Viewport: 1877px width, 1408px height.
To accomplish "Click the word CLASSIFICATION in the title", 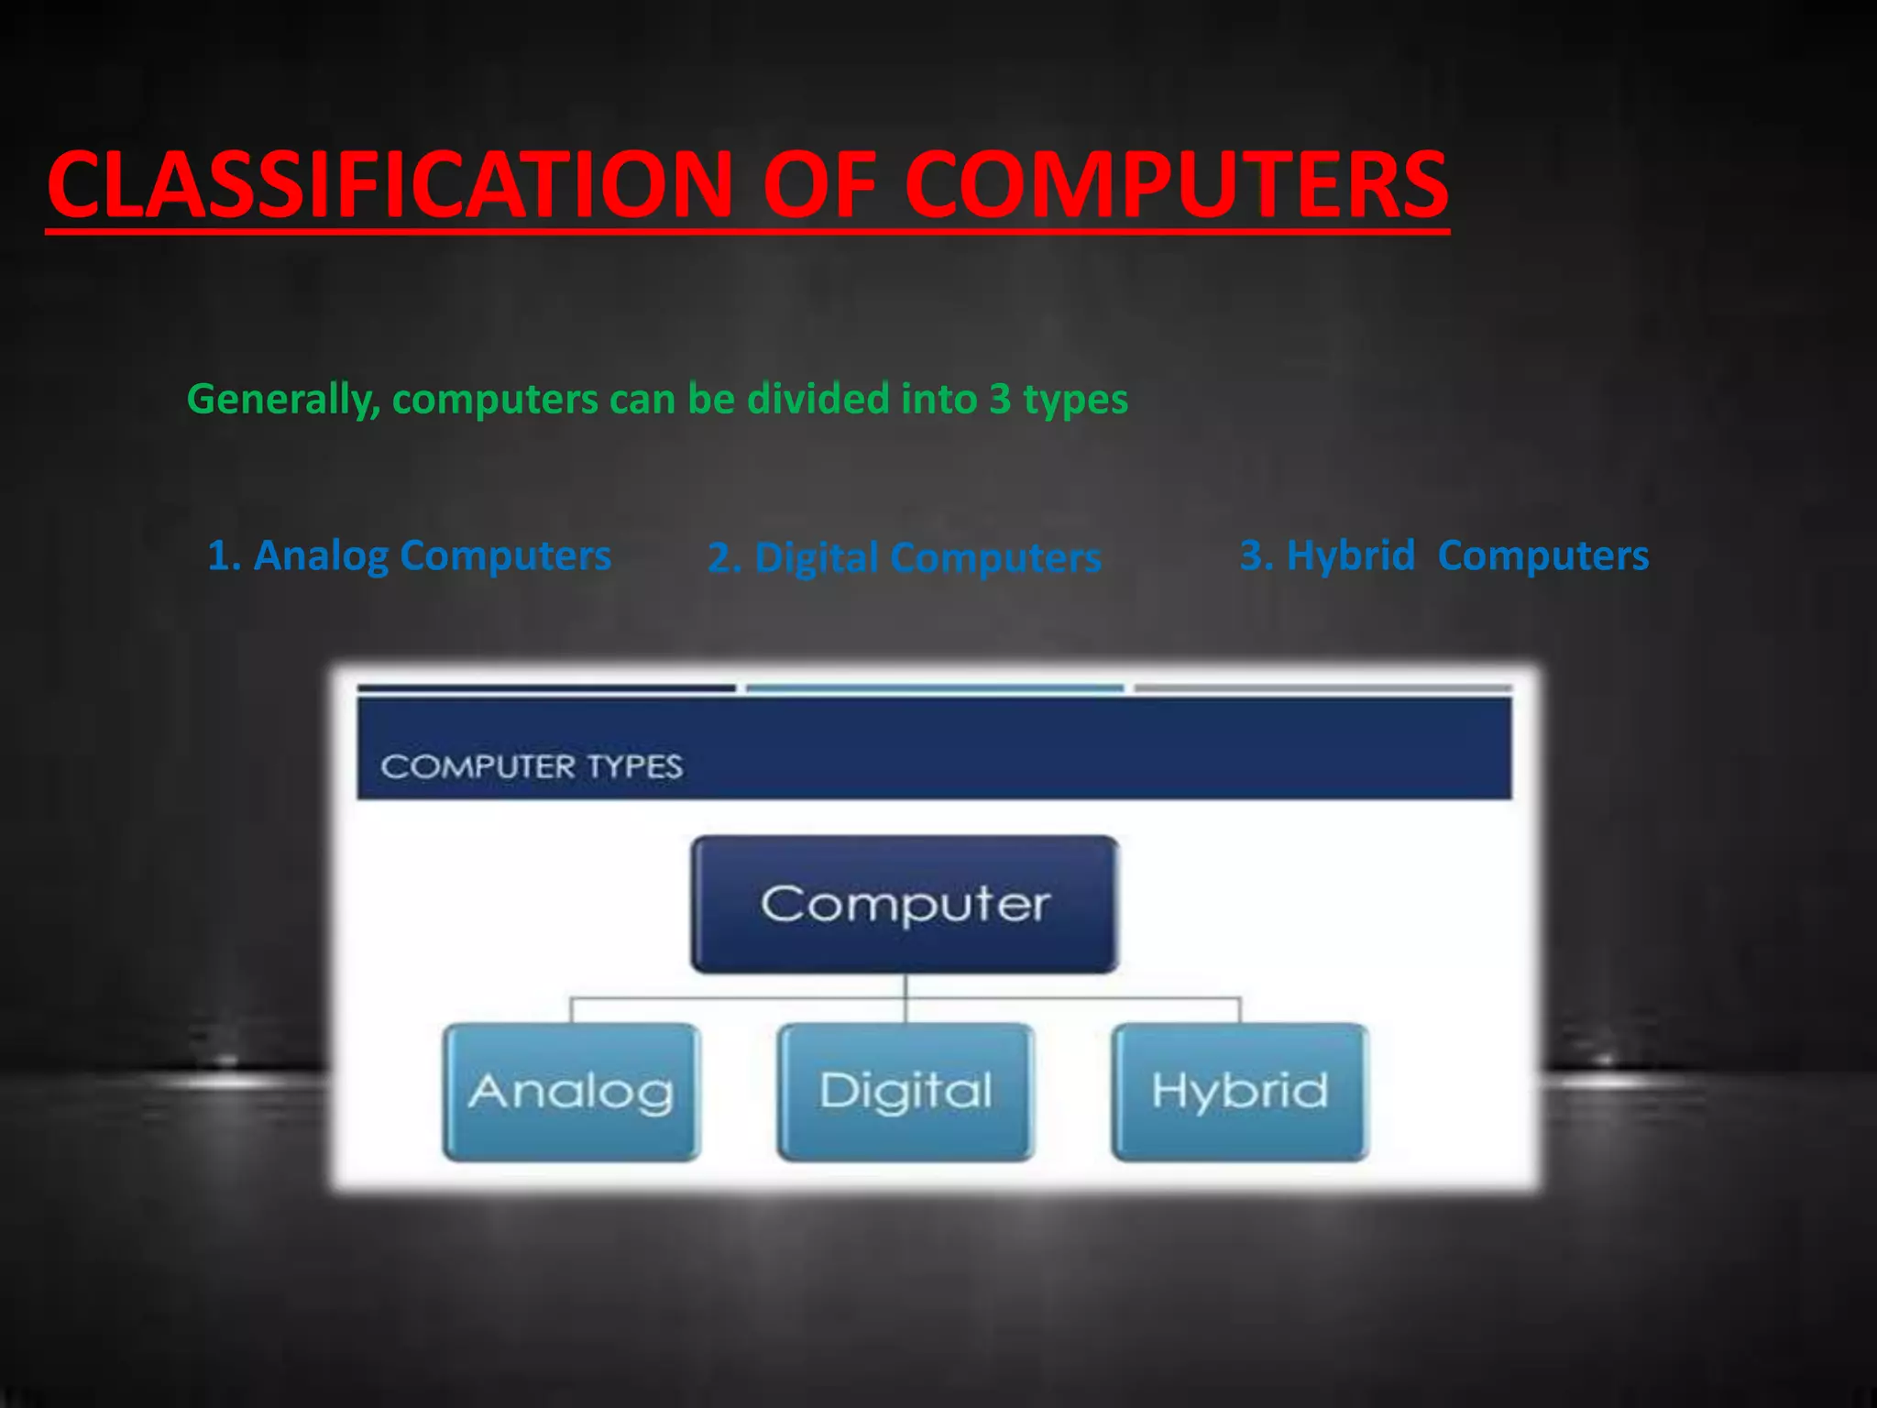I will click(x=390, y=185).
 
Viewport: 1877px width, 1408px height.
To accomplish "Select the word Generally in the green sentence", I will click(x=282, y=400).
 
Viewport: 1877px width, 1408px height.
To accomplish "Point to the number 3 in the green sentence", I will click(x=1000, y=400).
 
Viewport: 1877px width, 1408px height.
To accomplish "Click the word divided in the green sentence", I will click(x=818, y=400).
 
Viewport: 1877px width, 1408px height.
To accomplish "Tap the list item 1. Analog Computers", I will click(x=409, y=556).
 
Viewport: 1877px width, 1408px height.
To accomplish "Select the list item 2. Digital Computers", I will click(x=904, y=558).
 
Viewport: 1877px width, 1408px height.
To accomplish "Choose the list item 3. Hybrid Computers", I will click(x=1443, y=556).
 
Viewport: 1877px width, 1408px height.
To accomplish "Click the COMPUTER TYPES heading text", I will click(x=532, y=766).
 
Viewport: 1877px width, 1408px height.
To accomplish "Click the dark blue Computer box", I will click(x=905, y=904).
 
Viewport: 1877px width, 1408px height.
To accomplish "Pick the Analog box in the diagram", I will click(x=571, y=1092).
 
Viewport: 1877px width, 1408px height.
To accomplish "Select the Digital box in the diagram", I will click(x=906, y=1092).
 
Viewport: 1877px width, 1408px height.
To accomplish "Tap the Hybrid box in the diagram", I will click(x=1240, y=1092).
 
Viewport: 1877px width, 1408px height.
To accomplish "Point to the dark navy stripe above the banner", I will click(x=546, y=687).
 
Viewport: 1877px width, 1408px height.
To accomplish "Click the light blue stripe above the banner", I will click(x=935, y=688).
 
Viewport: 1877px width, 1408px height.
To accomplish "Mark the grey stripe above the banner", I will click(x=1323, y=687).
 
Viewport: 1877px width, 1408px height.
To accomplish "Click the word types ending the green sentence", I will click(x=1075, y=400).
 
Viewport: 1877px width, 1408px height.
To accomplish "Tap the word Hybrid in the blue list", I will click(x=1351, y=556).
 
